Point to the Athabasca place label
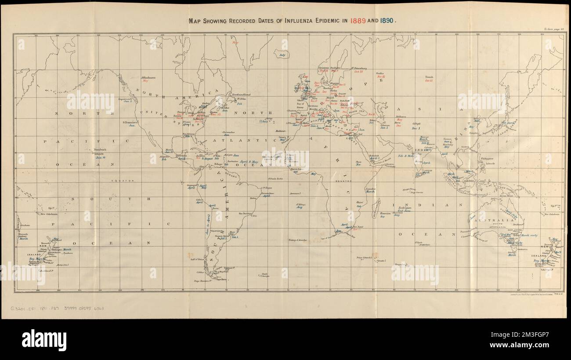coord(148,77)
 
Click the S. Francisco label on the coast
coord(130,122)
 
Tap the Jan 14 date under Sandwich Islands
coord(101,157)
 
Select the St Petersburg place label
coord(359,68)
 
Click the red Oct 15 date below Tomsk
coord(429,81)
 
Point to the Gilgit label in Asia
coord(416,124)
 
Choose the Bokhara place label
coord(400,116)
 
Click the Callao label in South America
coord(199,200)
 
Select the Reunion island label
coord(385,213)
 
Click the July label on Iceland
coord(282,55)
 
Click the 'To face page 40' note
coord(553,29)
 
